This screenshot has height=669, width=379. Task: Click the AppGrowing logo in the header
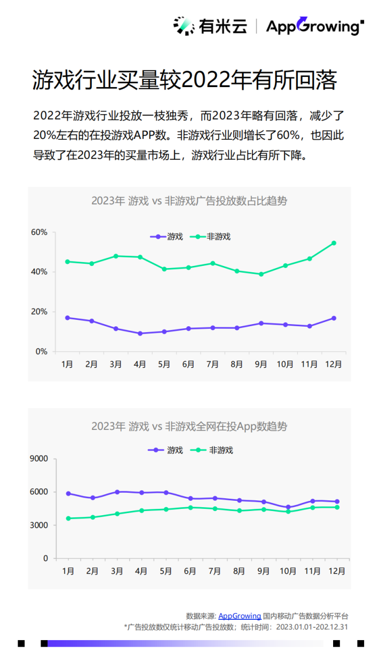(314, 26)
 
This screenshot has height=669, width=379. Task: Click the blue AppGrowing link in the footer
(240, 616)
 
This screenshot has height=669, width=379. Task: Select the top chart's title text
(189, 201)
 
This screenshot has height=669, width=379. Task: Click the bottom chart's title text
(189, 426)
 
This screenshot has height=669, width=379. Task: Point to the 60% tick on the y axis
(39, 232)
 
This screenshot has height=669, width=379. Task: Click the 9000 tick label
(38, 459)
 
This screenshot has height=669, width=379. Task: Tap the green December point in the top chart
(334, 243)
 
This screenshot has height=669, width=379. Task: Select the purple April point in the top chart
(140, 333)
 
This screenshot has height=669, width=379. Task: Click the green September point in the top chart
(261, 274)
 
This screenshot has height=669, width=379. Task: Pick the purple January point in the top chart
(67, 318)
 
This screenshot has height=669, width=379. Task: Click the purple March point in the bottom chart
(117, 492)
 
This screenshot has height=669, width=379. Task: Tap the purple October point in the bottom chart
(288, 507)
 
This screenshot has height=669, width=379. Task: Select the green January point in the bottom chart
(68, 518)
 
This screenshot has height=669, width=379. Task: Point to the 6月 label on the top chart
(188, 364)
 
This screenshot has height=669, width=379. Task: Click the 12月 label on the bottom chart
(337, 571)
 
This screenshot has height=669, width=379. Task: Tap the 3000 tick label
(38, 525)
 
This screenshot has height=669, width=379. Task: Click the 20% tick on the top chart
(39, 312)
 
